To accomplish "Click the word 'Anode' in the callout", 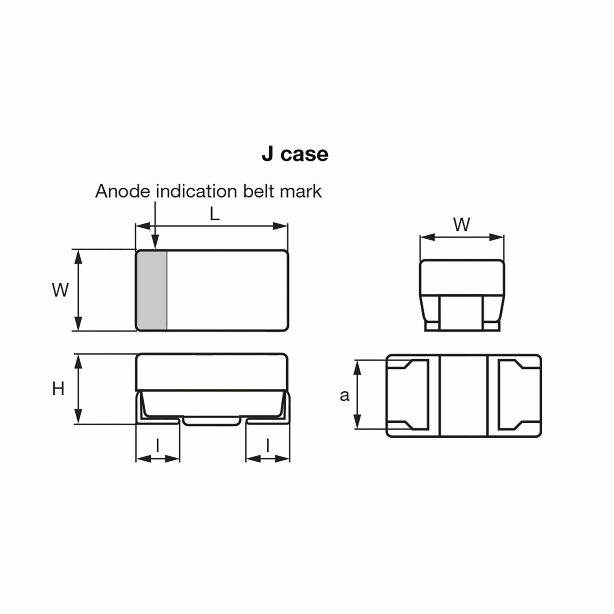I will [x=122, y=191].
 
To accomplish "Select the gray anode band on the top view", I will [x=152, y=290].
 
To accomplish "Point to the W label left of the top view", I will [x=60, y=290].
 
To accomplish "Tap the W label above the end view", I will [x=462, y=225].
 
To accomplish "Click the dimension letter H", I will [x=58, y=389].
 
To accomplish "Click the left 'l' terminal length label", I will [x=158, y=446].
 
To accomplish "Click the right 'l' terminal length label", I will [x=268, y=446].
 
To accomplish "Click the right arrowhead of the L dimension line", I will [x=280, y=226].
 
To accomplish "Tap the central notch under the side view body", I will [x=212, y=421].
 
